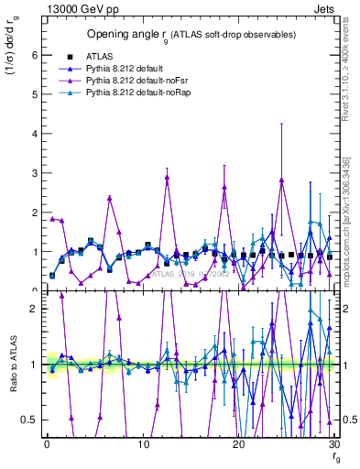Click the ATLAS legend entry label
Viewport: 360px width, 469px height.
[x=98, y=56]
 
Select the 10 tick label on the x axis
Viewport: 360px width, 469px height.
[x=143, y=444]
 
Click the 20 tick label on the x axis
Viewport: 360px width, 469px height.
[x=238, y=444]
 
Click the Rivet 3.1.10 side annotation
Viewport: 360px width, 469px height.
[x=352, y=63]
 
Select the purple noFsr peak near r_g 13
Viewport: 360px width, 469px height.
[x=167, y=177]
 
